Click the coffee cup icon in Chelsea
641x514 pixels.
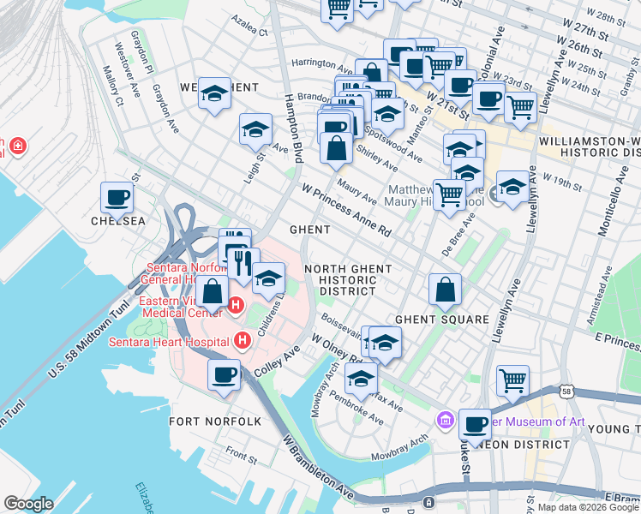[x=117, y=198]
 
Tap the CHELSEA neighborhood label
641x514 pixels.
[x=118, y=221]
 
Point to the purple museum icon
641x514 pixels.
[x=445, y=421]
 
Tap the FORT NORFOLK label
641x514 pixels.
[x=203, y=421]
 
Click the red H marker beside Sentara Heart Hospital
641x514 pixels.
[x=243, y=342]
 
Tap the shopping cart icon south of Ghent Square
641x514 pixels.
[x=512, y=380]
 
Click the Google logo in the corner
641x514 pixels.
[x=28, y=504]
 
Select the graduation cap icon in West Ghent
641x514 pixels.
[x=213, y=93]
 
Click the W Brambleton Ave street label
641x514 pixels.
[x=318, y=468]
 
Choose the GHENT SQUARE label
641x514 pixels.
[x=441, y=319]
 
